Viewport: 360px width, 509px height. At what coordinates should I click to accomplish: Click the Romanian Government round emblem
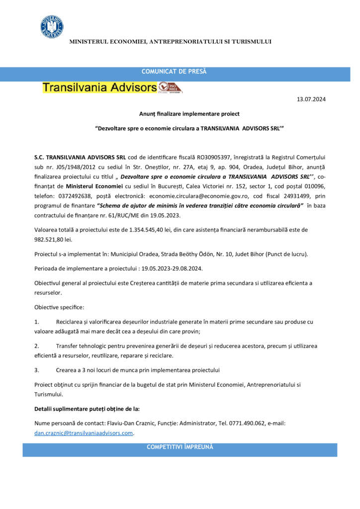[x=52, y=26]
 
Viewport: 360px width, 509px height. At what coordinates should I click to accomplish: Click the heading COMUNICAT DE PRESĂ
[x=174, y=72]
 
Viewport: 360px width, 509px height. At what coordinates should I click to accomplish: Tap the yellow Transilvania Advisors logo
[x=99, y=87]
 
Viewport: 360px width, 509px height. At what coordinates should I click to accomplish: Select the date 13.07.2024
[x=311, y=100]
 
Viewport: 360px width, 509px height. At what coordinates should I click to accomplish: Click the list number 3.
[x=37, y=370]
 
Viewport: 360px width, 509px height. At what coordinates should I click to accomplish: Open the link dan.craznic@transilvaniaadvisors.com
[x=84, y=433]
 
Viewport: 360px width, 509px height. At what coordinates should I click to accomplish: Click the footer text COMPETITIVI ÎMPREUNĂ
[x=180, y=447]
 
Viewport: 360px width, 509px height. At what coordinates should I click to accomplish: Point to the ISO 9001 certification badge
[x=171, y=87]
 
